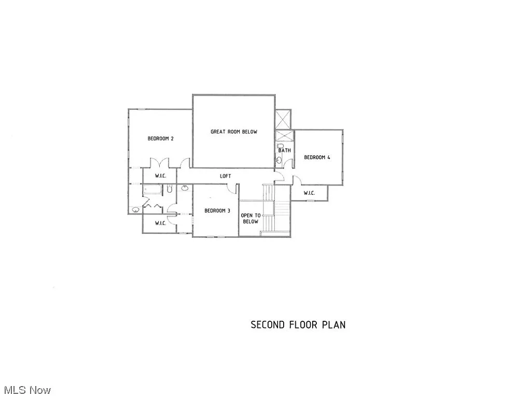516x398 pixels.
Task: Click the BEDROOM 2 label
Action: pyautogui.click(x=160, y=138)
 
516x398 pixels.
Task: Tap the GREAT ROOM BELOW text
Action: pyautogui.click(x=233, y=132)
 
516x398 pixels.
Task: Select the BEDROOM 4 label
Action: pyautogui.click(x=317, y=158)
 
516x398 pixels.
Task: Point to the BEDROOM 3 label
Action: pyautogui.click(x=217, y=210)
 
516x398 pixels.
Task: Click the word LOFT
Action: pyautogui.click(x=225, y=176)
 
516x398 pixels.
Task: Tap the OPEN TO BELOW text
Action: pyautogui.click(x=249, y=218)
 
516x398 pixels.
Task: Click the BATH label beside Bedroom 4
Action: pyautogui.click(x=284, y=150)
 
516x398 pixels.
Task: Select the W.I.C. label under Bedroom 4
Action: pyautogui.click(x=309, y=193)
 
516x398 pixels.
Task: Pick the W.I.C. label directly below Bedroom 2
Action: pyautogui.click(x=161, y=176)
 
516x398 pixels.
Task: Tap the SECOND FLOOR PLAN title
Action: pyautogui.click(x=298, y=325)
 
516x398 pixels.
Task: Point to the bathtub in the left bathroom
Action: pyautogui.click(x=154, y=190)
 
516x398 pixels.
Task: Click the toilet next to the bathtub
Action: pyautogui.click(x=169, y=190)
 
